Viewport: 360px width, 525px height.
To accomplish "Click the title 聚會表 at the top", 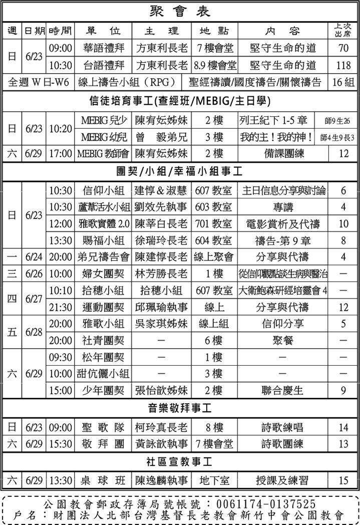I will [180, 11].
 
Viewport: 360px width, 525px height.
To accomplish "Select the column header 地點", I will [214, 31].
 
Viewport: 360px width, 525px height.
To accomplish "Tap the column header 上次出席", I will [343, 31].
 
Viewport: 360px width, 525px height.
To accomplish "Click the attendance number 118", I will [343, 65].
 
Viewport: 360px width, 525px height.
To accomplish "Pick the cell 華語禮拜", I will [104, 49].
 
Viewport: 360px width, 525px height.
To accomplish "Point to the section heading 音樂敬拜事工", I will [180, 408].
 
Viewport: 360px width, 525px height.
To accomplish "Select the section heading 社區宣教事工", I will [180, 461].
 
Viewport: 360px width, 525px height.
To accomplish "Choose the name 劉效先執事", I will [161, 207].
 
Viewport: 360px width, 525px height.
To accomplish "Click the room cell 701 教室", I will [214, 223].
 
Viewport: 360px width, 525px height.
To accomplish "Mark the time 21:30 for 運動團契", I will [60, 307].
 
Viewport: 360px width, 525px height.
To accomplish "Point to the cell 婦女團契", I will [104, 274].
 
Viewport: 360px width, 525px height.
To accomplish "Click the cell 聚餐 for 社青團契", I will [283, 341].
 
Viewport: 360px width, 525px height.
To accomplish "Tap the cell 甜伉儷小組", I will [104, 374].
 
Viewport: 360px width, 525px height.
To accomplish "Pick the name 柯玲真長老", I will [161, 427].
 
